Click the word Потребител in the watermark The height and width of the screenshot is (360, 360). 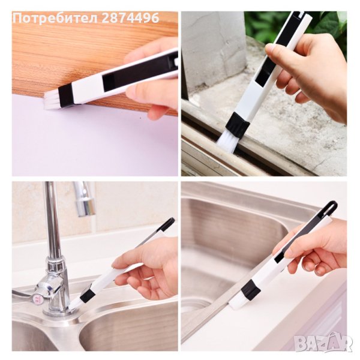(56, 17)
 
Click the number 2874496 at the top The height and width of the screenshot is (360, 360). (130, 17)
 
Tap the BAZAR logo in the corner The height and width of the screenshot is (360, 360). (323, 343)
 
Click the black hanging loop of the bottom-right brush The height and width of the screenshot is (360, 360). (332, 206)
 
